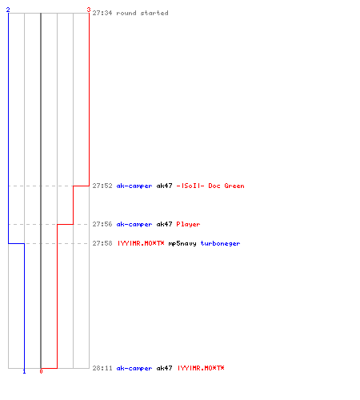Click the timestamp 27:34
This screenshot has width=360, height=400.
click(x=102, y=13)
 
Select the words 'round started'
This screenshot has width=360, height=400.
click(x=142, y=13)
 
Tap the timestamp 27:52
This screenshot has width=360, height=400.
click(x=102, y=186)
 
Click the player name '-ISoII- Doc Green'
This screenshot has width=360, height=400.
click(x=210, y=186)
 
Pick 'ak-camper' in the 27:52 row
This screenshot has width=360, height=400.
click(x=134, y=186)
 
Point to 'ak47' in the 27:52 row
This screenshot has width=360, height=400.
click(x=164, y=186)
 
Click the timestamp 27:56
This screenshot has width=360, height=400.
click(x=102, y=224)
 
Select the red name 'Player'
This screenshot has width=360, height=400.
click(x=188, y=224)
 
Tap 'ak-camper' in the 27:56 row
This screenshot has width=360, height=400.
click(x=134, y=224)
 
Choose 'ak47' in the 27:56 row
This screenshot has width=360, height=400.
click(x=164, y=224)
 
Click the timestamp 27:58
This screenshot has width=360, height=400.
click(x=102, y=243)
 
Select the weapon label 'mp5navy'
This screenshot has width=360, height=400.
click(x=182, y=243)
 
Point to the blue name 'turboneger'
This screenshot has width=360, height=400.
click(x=220, y=243)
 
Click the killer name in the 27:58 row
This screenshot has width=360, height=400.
click(x=141, y=243)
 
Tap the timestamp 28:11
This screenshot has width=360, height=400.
click(x=102, y=368)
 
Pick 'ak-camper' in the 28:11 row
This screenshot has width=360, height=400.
click(x=134, y=368)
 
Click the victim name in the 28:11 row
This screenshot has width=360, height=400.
click(x=201, y=368)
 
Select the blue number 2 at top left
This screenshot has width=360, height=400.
click(x=8, y=10)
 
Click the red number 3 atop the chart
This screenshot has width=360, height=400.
click(x=89, y=10)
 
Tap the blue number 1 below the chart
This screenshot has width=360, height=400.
click(x=24, y=371)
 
